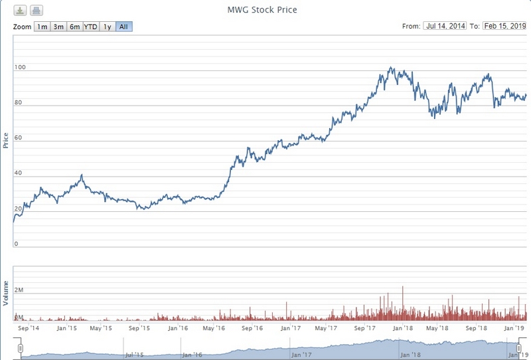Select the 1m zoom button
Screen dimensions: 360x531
(x=42, y=27)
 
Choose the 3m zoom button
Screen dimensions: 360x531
(x=58, y=27)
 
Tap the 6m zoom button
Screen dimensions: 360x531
(x=74, y=27)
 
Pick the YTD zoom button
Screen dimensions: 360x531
(x=90, y=27)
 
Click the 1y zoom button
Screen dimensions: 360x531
(x=107, y=27)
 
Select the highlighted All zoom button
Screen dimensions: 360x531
(x=123, y=27)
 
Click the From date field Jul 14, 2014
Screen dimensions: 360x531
(x=445, y=26)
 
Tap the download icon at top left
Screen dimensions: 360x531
(x=21, y=11)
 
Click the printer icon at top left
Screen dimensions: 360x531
(x=37, y=11)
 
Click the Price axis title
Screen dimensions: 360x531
(x=6, y=140)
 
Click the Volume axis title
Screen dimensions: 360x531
(x=6, y=293)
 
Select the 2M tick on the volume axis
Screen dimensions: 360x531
(x=19, y=291)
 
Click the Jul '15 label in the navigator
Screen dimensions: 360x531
(x=135, y=354)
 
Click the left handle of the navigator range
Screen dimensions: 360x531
(x=21, y=348)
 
